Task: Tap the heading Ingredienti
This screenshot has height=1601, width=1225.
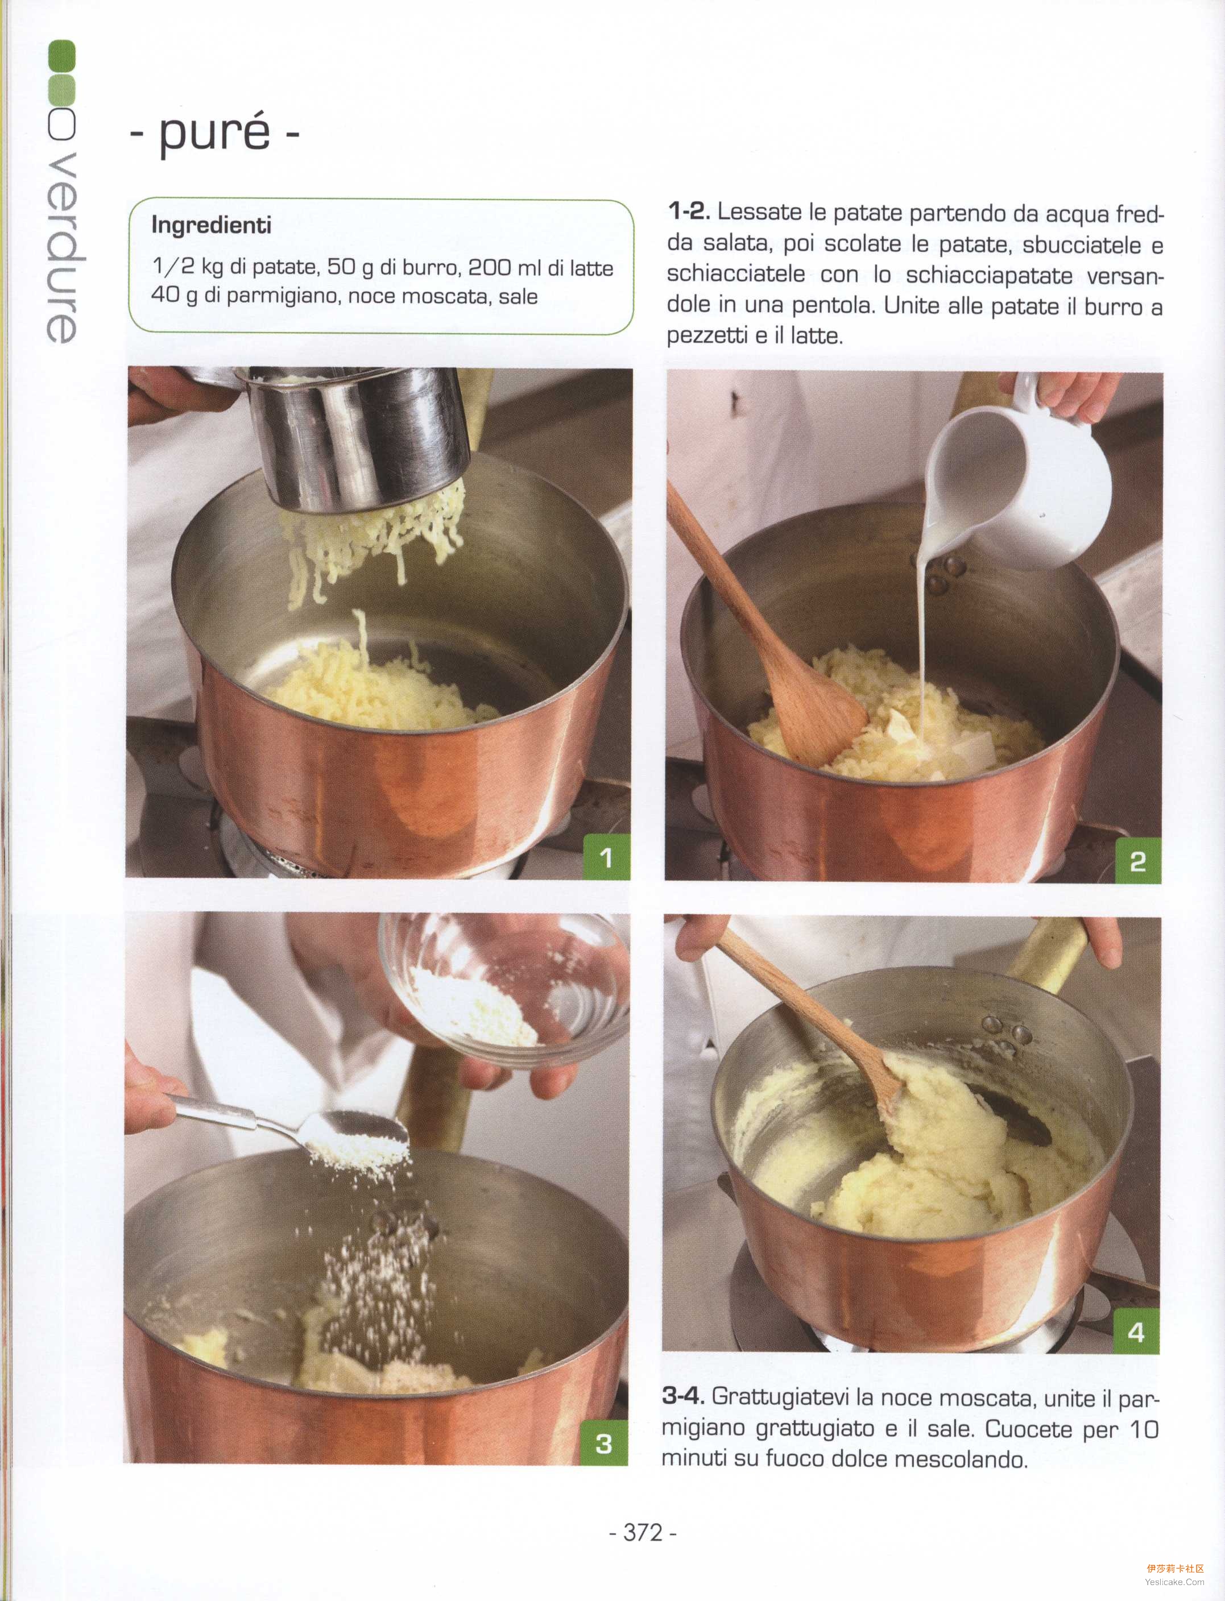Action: pos(212,225)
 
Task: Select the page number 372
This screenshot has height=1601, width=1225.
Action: pos(643,1532)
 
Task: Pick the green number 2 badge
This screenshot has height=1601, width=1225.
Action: pos(1137,861)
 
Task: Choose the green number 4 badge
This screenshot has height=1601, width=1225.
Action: pos(1136,1332)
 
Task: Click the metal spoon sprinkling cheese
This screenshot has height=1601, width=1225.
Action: pos(292,1126)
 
